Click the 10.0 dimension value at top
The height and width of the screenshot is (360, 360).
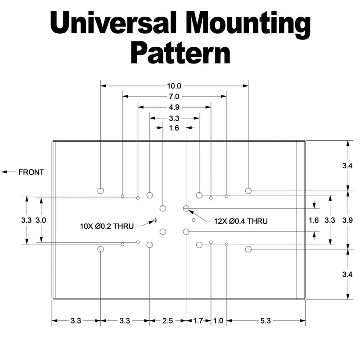[x=174, y=86]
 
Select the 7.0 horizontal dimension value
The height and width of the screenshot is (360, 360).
[x=174, y=97]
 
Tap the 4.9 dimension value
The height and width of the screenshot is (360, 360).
[x=174, y=107]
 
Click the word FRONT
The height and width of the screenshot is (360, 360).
[x=31, y=172]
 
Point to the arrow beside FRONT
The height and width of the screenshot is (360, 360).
[x=9, y=172]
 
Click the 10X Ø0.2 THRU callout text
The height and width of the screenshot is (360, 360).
[x=107, y=226]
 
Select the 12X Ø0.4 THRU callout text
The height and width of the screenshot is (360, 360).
[x=241, y=221]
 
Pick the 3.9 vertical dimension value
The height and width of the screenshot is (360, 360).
[x=347, y=220]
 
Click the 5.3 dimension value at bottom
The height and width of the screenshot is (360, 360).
[x=265, y=321]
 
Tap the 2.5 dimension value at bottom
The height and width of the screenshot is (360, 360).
[x=167, y=321]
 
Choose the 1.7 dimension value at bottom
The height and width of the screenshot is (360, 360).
[x=198, y=321]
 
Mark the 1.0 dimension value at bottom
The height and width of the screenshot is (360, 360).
[x=218, y=321]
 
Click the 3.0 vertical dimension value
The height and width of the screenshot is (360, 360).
[x=41, y=220]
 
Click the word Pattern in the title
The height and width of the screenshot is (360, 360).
[x=180, y=53]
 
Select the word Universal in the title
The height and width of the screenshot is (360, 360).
[x=113, y=23]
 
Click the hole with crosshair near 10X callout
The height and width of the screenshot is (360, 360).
[x=155, y=220]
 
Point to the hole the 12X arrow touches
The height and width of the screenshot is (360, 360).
[x=186, y=208]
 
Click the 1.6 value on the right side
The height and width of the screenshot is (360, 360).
[x=314, y=220]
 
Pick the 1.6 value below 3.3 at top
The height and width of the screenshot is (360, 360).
[x=174, y=128]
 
